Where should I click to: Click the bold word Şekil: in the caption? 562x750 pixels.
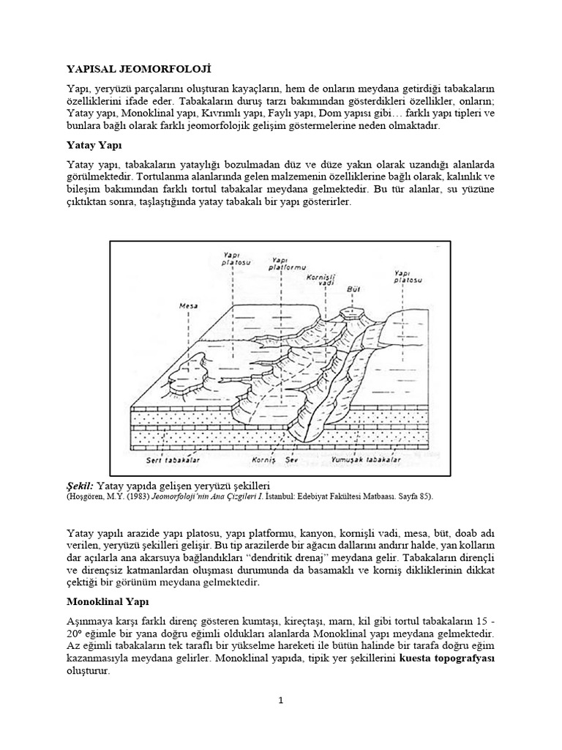(x=80, y=485)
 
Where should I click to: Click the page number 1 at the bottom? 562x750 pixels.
(x=280, y=701)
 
